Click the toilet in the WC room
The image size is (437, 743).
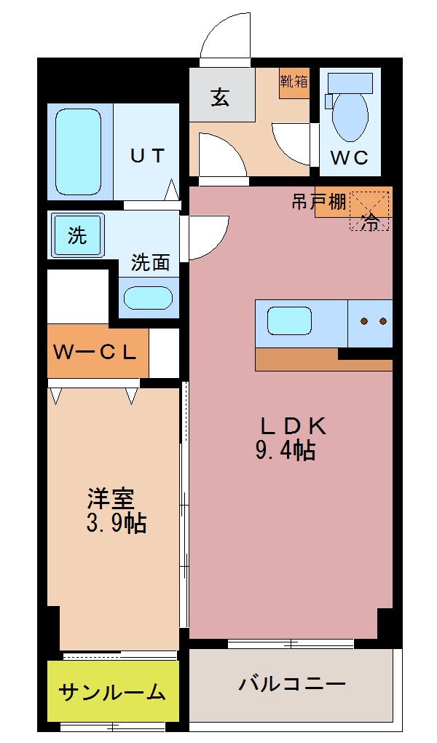pos(350,113)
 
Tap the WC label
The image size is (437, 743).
pos(350,158)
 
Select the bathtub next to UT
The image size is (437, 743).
pos(78,151)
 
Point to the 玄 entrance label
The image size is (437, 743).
pos(221,96)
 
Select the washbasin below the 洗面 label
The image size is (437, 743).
pos(148,298)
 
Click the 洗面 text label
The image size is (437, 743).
pos(150,263)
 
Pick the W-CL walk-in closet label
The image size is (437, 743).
pos(95,353)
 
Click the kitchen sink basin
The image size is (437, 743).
pos(289,321)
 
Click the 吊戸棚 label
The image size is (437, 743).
pos(318,202)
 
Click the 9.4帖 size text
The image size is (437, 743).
pos(285,452)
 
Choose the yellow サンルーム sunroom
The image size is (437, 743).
pos(113,691)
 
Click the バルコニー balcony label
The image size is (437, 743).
pos(291,685)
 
